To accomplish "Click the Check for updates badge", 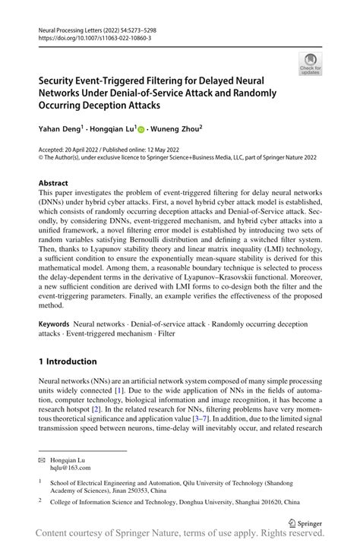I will [x=310, y=65].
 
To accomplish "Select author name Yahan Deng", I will [x=63, y=130].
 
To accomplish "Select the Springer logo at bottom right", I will [x=304, y=522].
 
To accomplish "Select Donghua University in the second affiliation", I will [x=229, y=501].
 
